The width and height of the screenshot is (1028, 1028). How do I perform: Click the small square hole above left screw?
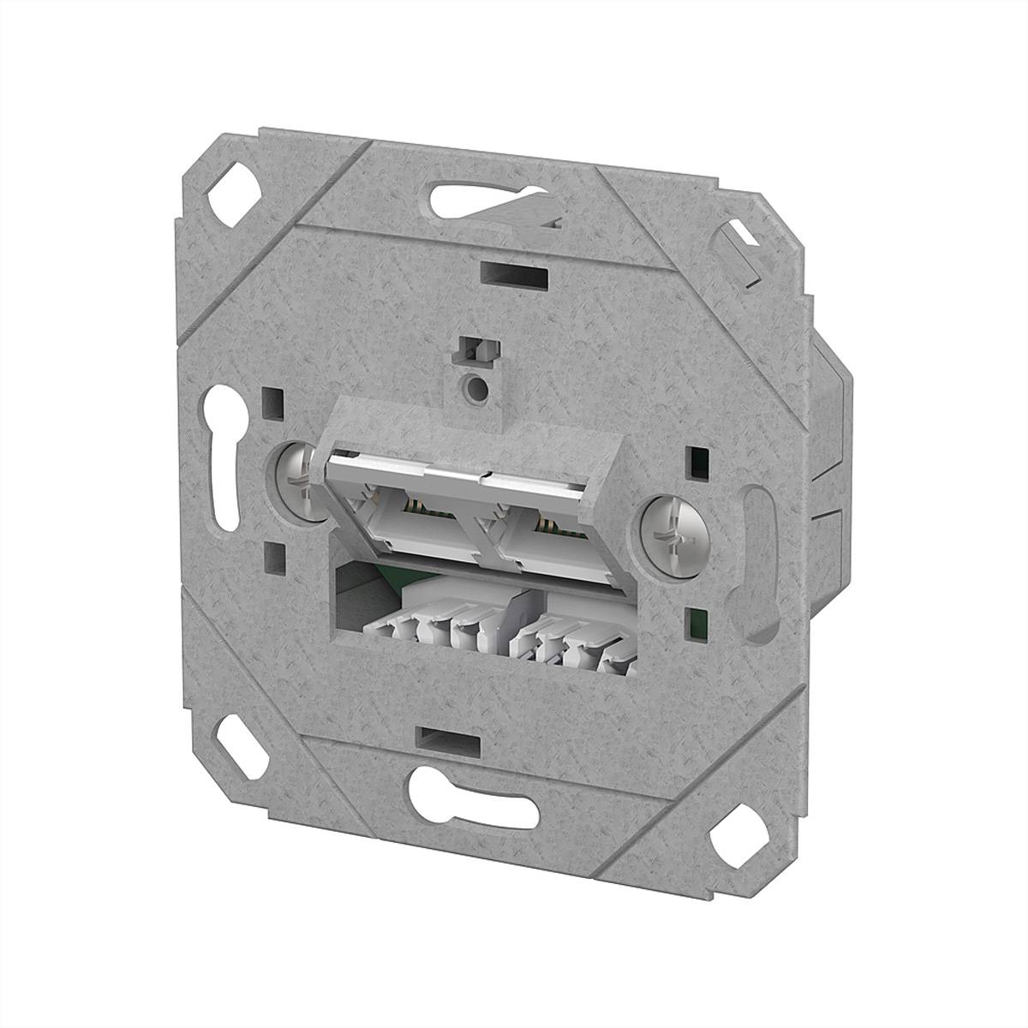(x=274, y=400)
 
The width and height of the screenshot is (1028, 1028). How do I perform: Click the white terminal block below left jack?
(x=428, y=630)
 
